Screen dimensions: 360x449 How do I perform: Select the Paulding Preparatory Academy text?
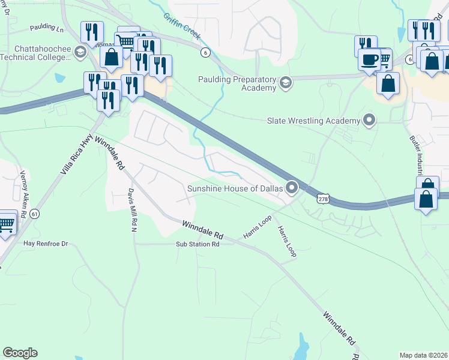(x=238, y=83)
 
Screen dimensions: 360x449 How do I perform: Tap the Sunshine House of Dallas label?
(x=235, y=188)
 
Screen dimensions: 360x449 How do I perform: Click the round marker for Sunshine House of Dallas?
(x=292, y=188)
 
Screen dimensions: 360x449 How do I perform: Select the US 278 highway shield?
(x=323, y=199)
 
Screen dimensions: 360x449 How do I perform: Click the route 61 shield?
(x=35, y=214)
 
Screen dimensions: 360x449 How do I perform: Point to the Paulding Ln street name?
(x=47, y=28)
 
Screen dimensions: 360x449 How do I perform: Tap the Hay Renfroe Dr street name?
(x=46, y=243)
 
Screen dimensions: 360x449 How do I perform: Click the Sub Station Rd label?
(x=197, y=244)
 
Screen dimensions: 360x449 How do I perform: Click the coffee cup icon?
(x=370, y=61)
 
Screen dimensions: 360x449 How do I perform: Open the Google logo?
(x=20, y=353)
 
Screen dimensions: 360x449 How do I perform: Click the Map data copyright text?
(x=424, y=355)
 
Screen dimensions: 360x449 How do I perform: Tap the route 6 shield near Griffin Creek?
(x=205, y=53)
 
